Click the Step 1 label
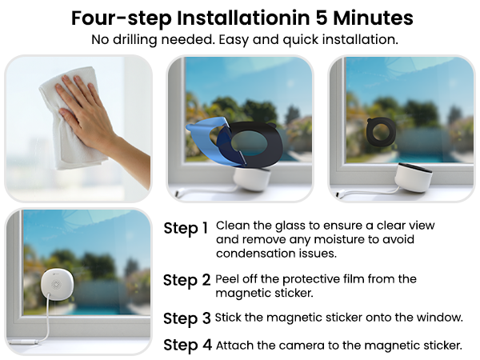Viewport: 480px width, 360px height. (186, 228)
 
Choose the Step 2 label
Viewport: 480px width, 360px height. (186, 280)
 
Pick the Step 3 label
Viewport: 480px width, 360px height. (186, 318)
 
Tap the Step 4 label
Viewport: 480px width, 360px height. (186, 345)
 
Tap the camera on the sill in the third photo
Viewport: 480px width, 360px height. (415, 176)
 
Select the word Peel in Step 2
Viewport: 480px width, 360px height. (230, 278)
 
